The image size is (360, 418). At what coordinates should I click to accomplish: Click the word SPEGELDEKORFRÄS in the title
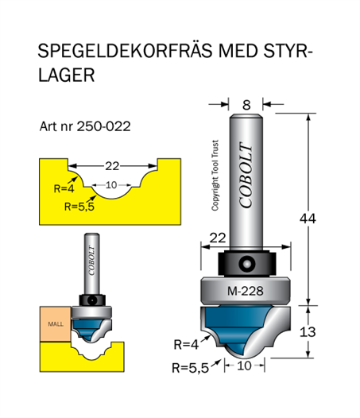click(125, 50)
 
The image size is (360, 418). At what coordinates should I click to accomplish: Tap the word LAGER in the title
click(66, 75)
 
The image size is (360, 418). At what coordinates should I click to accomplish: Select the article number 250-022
click(104, 126)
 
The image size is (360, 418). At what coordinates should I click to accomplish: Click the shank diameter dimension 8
click(246, 105)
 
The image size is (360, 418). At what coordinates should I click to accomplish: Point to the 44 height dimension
click(308, 219)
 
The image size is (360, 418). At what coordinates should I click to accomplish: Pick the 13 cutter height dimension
click(308, 332)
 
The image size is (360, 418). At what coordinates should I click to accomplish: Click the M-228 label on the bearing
click(246, 291)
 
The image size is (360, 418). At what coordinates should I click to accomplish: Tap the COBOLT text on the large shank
click(246, 175)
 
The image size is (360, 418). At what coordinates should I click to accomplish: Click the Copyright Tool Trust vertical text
click(215, 175)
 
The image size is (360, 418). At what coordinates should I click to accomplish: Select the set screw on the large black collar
click(246, 263)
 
